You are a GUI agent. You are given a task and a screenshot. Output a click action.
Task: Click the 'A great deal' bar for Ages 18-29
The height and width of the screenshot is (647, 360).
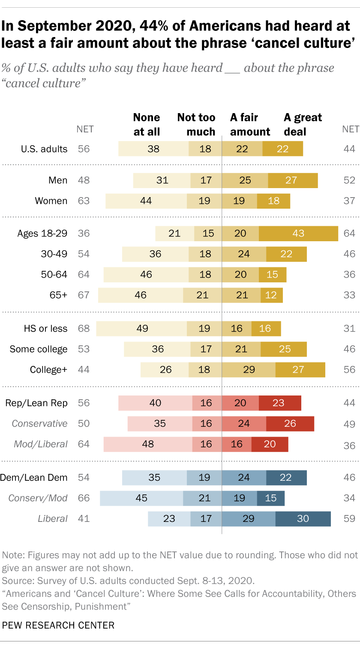coord(298,234)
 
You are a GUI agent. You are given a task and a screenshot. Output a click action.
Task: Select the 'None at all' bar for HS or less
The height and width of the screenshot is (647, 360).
coord(141,329)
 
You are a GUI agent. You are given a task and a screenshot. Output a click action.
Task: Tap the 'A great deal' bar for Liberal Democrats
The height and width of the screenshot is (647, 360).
coord(303,518)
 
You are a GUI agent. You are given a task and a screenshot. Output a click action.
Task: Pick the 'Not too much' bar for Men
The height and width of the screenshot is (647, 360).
coord(206,180)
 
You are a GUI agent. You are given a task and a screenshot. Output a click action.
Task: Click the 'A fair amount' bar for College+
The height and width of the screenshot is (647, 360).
coord(249,370)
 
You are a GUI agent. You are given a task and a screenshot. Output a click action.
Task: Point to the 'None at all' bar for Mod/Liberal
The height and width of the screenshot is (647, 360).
coord(148,444)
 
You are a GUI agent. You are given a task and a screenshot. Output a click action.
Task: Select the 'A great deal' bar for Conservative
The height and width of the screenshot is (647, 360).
coord(290,423)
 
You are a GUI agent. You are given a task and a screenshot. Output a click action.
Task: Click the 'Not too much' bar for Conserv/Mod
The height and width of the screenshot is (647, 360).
coord(202,498)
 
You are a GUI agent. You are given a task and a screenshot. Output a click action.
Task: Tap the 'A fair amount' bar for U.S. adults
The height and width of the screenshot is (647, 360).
coord(242,149)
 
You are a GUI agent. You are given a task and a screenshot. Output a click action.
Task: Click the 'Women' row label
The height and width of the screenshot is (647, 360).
coord(51,201)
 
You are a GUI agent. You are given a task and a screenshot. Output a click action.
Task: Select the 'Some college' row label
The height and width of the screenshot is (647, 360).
coord(39,349)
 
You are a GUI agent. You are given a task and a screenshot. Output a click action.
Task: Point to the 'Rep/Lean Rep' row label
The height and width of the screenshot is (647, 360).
coord(36,403)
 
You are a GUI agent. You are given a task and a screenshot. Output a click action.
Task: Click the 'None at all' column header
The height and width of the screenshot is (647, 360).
coord(147,124)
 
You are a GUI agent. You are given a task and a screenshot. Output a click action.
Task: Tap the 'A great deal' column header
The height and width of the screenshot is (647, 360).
coord(303,124)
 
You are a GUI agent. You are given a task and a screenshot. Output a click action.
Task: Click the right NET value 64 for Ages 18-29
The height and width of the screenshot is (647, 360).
coord(349,234)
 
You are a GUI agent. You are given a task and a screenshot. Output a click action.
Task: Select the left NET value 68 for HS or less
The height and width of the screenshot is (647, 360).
coord(84,329)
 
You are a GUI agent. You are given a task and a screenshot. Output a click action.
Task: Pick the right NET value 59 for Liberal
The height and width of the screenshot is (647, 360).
coord(349,518)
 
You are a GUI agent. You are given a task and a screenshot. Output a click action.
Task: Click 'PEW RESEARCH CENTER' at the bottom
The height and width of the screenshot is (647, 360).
coord(58,625)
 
